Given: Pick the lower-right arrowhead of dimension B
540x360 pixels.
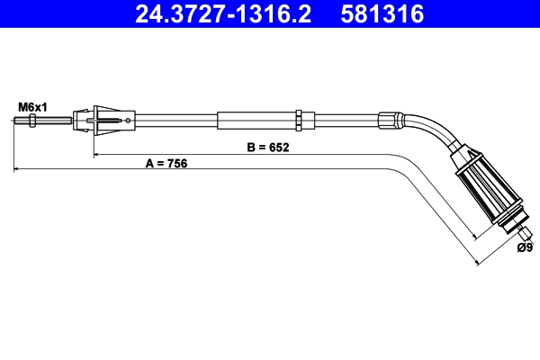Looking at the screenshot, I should [476, 236].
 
